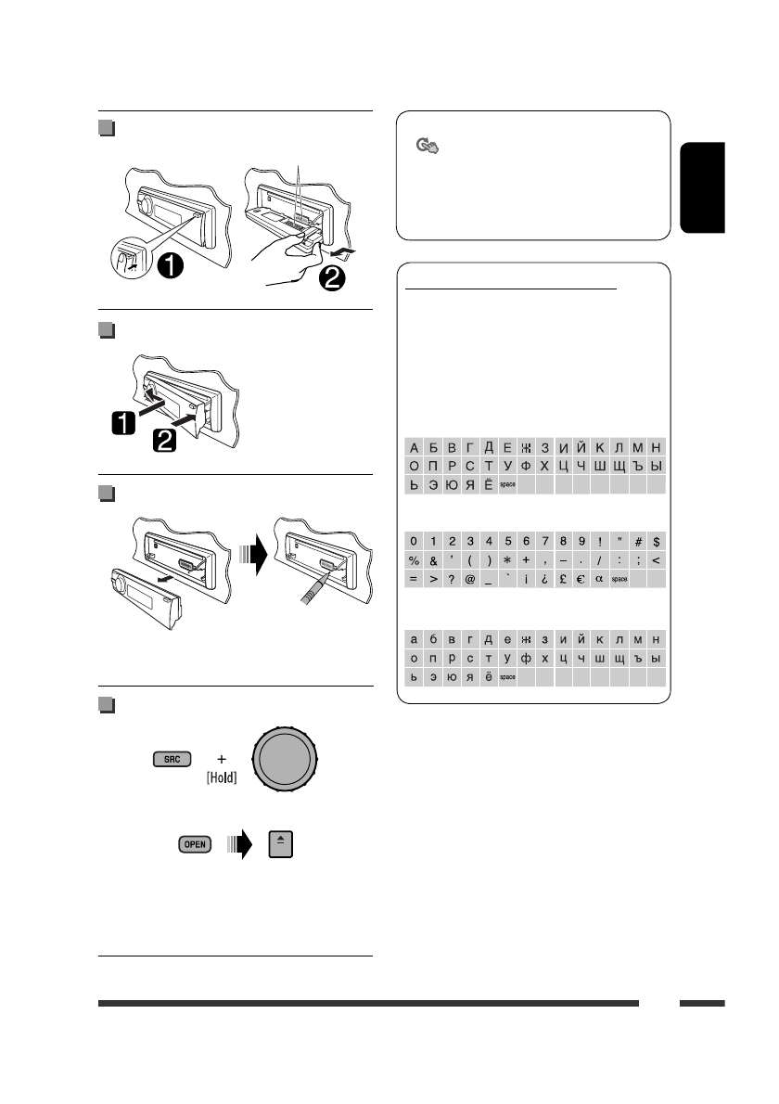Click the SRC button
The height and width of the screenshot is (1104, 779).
point(172,759)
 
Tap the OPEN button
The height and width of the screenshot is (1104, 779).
point(195,844)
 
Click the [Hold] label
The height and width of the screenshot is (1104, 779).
point(221,778)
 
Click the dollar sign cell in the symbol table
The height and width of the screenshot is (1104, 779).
point(657,541)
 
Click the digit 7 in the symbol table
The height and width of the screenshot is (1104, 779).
point(544,541)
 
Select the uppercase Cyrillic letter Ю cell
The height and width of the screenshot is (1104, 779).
point(452,484)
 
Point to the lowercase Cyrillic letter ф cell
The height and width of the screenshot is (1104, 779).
point(526,659)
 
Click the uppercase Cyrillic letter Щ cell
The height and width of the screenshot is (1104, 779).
point(619,466)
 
